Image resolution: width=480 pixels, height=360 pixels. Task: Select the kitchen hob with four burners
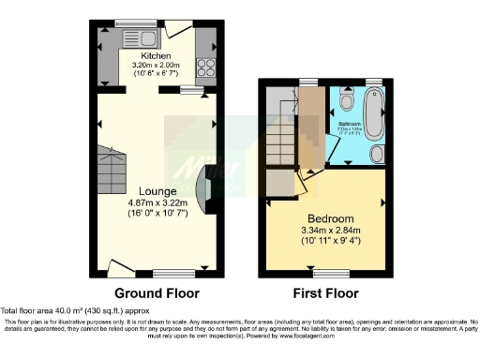[x=205, y=67]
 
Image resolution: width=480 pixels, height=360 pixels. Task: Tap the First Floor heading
[x=322, y=291]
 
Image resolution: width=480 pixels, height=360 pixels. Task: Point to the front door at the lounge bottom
[x=118, y=272]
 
